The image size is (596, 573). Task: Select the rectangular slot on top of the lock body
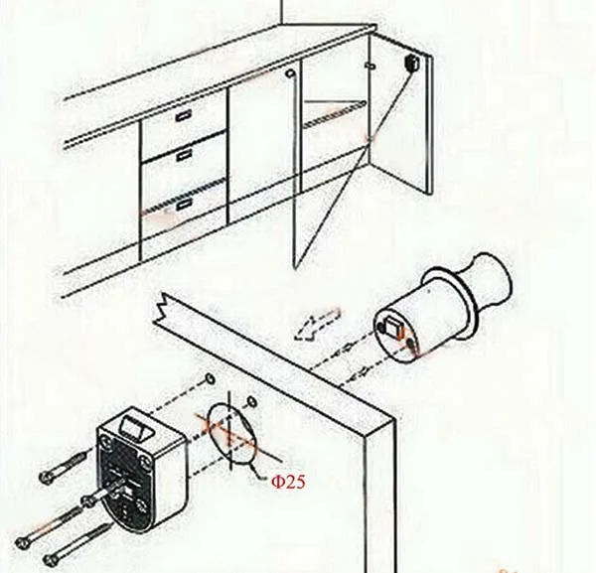[132, 428]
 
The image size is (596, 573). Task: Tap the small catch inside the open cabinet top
[370, 66]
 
